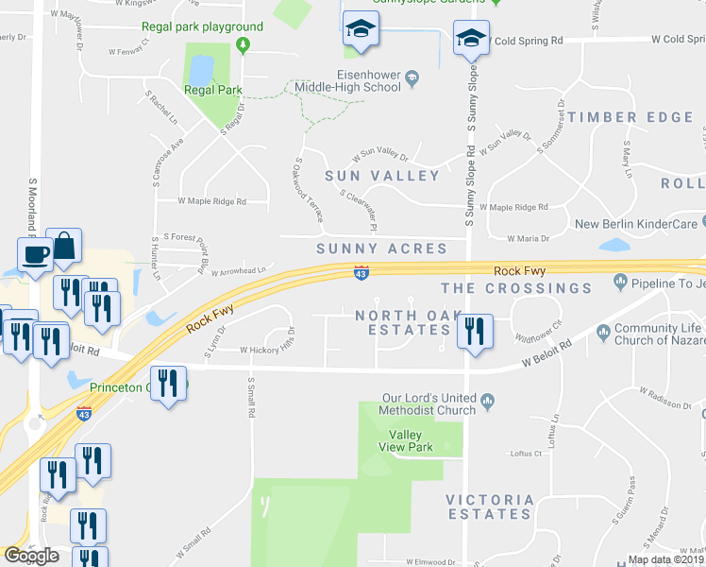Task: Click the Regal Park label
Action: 213,91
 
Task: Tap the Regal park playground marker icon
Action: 244,44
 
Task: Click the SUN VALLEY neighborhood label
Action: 382,176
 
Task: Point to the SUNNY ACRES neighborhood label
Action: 381,249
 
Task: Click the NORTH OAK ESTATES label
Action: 403,322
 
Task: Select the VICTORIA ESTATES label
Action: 490,507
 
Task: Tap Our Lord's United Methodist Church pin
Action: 488,402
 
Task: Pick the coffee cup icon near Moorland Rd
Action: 36,253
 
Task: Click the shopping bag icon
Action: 65,245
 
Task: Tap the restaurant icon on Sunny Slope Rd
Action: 473,330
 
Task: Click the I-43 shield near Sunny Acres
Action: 361,272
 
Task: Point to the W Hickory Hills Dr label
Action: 267,350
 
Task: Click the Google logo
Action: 31,556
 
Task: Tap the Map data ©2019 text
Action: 665,559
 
